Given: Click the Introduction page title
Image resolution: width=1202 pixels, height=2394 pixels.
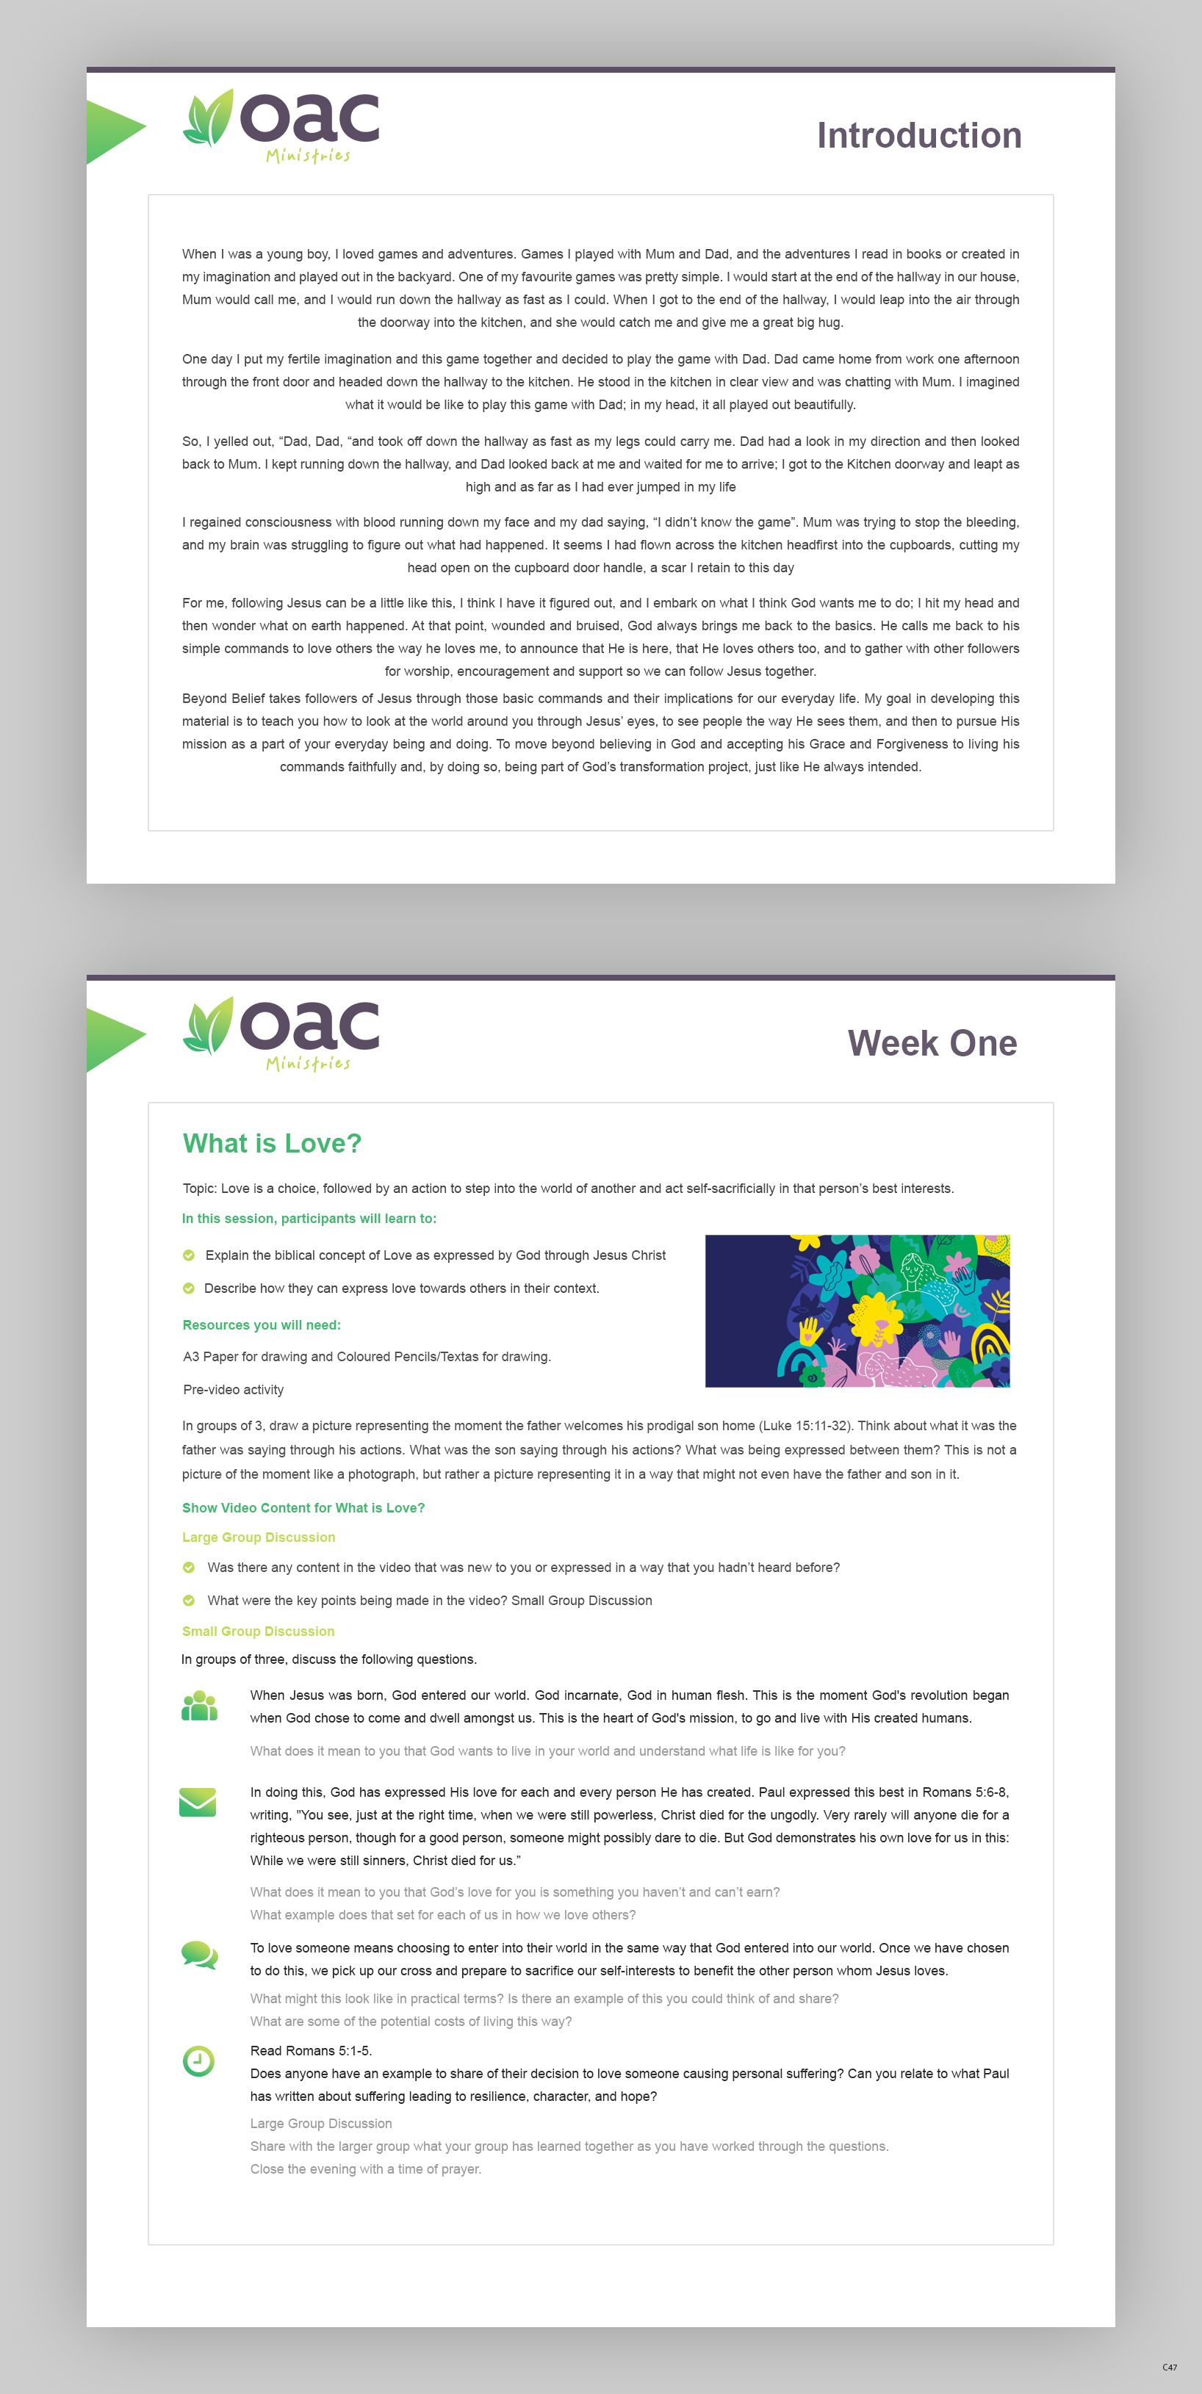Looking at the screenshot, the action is pyautogui.click(x=918, y=136).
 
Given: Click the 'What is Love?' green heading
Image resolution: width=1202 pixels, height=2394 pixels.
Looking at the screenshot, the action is pyautogui.click(x=271, y=1143).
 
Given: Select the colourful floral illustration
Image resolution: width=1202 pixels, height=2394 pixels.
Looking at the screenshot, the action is pyautogui.click(x=857, y=1310).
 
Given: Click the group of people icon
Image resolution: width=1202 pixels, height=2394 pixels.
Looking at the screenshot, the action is pyautogui.click(x=199, y=1706).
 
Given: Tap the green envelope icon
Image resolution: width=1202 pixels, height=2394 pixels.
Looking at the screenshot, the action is pyautogui.click(x=197, y=1802).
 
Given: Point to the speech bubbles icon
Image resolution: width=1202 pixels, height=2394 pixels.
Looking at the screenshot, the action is pyautogui.click(x=199, y=1955).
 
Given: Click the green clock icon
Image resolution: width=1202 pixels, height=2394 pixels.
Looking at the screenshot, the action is pyautogui.click(x=198, y=2061).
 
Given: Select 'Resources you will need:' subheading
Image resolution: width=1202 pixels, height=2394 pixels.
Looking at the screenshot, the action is pyautogui.click(x=262, y=1325).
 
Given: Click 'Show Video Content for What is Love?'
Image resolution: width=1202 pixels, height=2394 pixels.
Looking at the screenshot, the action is pyautogui.click(x=303, y=1507).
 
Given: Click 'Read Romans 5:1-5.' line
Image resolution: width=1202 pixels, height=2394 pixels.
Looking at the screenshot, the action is pyautogui.click(x=311, y=2050).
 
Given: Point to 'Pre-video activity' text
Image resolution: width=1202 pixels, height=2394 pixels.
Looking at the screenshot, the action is pyautogui.click(x=234, y=1389).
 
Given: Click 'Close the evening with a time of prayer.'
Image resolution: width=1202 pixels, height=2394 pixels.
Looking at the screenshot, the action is pyautogui.click(x=365, y=2169).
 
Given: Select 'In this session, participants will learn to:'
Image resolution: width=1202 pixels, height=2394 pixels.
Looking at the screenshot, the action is pyautogui.click(x=309, y=1219).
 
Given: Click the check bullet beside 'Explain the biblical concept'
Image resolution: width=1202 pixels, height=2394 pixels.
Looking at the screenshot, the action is pyautogui.click(x=189, y=1255).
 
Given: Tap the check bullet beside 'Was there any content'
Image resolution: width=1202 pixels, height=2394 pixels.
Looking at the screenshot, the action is pyautogui.click(x=189, y=1568).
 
